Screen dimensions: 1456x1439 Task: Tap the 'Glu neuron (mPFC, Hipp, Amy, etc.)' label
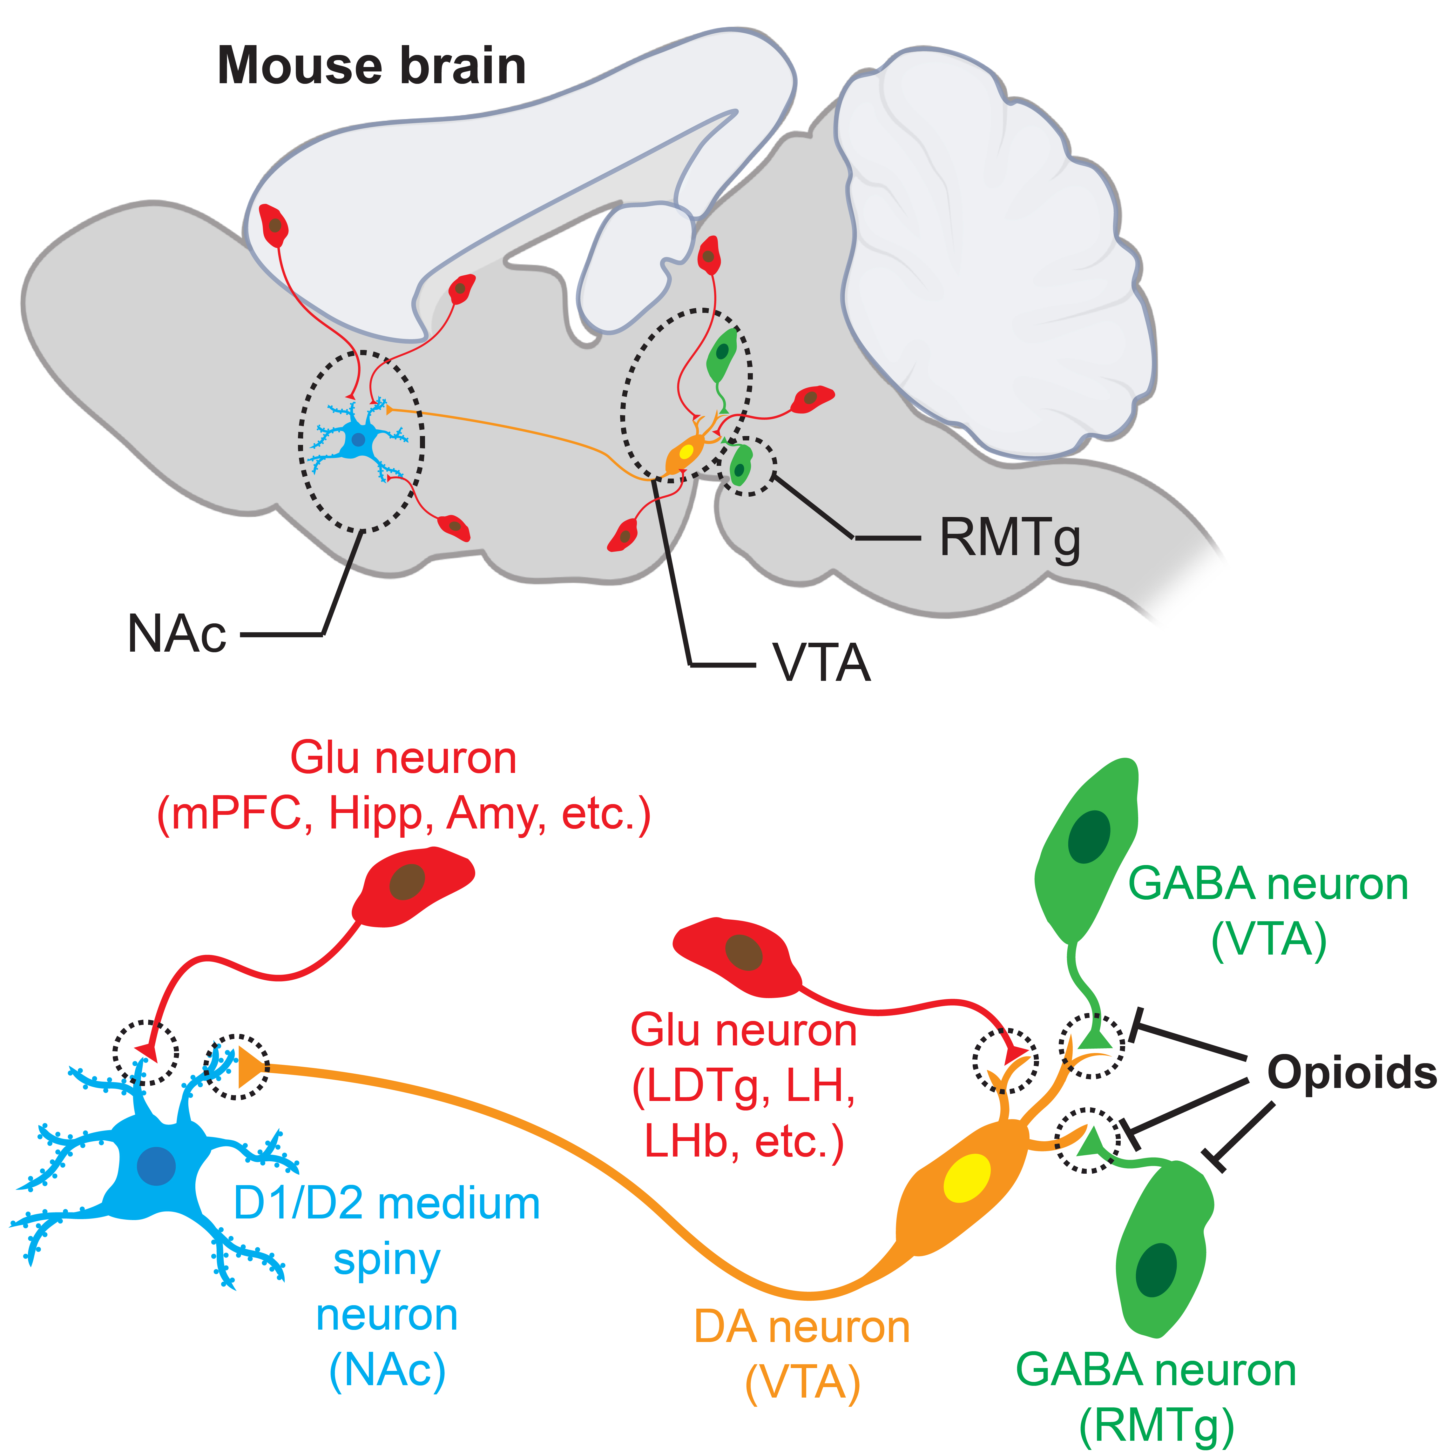click(403, 786)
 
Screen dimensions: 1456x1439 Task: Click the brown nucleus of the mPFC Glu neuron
click(408, 881)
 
